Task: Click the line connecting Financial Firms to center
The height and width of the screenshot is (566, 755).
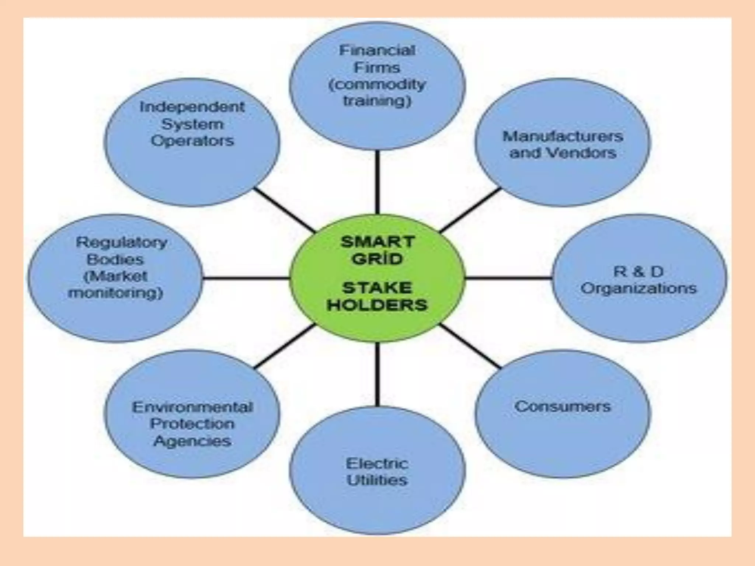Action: click(377, 182)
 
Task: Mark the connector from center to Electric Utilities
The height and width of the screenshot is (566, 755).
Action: click(377, 374)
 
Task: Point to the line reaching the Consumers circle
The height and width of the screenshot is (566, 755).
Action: click(470, 346)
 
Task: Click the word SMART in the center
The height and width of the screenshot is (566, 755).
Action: click(377, 242)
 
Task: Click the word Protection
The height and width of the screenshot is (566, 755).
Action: click(192, 424)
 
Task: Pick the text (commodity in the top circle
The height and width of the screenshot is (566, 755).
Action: click(377, 85)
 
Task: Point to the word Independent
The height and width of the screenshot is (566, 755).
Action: click(192, 107)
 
